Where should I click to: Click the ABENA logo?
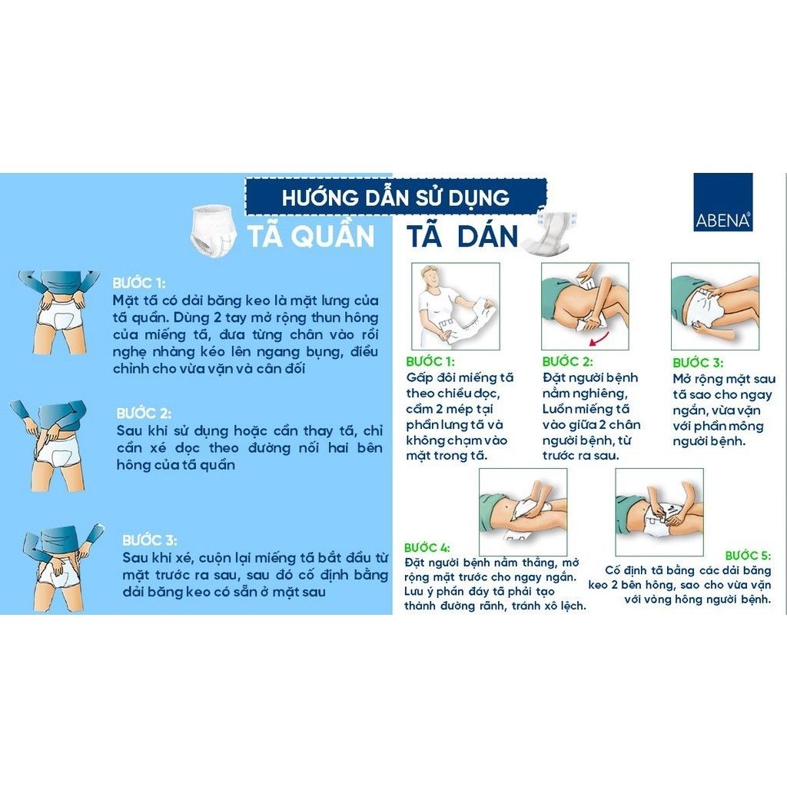click(x=722, y=202)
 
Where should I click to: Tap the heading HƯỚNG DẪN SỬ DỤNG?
click(x=395, y=197)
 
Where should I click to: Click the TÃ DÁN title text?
click(x=462, y=236)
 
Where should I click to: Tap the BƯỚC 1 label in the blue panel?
click(x=139, y=282)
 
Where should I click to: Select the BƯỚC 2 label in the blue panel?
click(x=144, y=413)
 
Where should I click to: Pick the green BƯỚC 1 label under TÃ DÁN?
click(x=430, y=360)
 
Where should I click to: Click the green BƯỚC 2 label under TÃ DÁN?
click(x=567, y=360)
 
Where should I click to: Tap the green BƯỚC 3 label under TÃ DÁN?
click(x=697, y=362)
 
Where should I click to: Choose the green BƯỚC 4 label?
click(x=428, y=546)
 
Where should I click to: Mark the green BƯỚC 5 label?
click(x=748, y=555)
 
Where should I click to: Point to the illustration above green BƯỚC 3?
click(x=715, y=306)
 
